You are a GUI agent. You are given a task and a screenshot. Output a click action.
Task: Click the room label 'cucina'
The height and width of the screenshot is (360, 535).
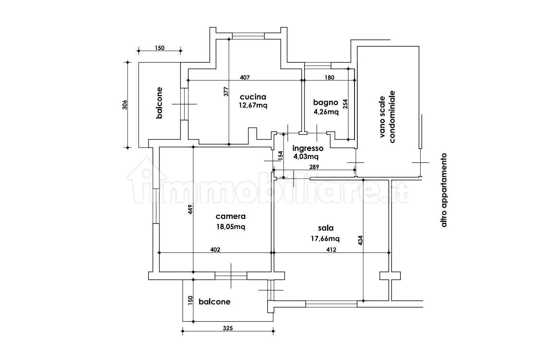point(253,97)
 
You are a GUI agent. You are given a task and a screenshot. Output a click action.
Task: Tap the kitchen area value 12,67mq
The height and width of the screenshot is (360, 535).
point(253,105)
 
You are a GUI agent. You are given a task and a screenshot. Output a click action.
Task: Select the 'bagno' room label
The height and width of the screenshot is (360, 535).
point(326,103)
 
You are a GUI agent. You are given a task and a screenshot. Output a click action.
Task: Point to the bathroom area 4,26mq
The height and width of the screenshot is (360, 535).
point(326,112)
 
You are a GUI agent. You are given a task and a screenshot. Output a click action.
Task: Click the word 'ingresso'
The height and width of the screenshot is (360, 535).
point(308,149)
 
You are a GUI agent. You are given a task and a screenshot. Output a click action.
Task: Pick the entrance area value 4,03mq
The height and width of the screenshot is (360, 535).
point(306,157)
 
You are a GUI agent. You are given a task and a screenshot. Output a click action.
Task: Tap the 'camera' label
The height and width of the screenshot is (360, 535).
point(230,217)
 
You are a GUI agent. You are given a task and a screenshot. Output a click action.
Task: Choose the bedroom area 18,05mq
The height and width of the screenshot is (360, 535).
point(231,227)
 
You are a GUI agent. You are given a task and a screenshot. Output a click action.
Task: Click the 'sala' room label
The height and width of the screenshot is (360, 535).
point(326,228)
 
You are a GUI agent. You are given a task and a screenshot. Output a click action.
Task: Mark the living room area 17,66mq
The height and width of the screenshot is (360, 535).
point(325,238)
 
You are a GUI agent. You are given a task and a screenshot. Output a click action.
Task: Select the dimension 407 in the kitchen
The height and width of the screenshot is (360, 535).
point(245,77)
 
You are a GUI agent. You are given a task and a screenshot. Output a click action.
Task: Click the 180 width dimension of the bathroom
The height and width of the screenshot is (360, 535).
point(330,77)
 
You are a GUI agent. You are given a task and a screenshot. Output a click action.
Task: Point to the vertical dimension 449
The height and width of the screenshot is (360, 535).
point(190,209)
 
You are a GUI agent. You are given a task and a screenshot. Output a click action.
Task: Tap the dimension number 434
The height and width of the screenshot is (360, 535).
point(361,240)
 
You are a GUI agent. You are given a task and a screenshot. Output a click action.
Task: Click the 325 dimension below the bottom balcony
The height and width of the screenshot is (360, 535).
point(228,328)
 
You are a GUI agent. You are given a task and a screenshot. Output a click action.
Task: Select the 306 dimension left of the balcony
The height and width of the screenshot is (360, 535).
point(124,105)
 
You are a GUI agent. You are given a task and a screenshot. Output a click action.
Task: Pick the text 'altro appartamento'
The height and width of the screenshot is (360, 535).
point(444,190)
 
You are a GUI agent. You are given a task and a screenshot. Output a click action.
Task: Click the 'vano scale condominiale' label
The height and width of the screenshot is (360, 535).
point(387,117)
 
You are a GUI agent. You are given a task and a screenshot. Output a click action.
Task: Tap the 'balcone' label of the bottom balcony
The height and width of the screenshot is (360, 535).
point(214,302)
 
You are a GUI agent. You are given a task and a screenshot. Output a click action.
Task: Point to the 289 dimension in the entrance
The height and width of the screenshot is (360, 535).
point(314,167)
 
